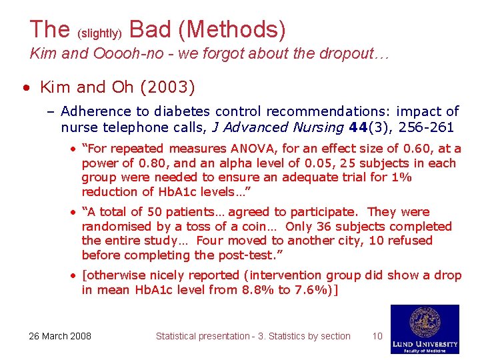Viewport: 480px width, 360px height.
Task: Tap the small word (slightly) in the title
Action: click(99, 32)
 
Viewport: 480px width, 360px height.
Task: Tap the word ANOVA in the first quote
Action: click(253, 149)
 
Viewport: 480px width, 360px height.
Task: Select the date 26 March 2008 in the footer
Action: click(60, 336)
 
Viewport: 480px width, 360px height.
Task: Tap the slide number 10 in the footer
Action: click(377, 336)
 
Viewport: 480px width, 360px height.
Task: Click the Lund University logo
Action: click(425, 329)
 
